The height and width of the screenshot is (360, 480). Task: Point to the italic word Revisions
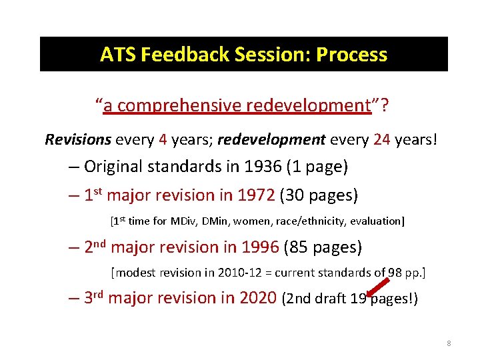(x=77, y=140)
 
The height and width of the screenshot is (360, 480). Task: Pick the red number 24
(x=381, y=140)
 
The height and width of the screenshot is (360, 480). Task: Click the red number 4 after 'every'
(x=163, y=140)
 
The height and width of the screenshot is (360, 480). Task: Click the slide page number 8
(x=449, y=343)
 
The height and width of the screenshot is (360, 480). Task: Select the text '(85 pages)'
(x=323, y=247)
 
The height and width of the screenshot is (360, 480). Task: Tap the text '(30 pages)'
(x=319, y=195)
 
